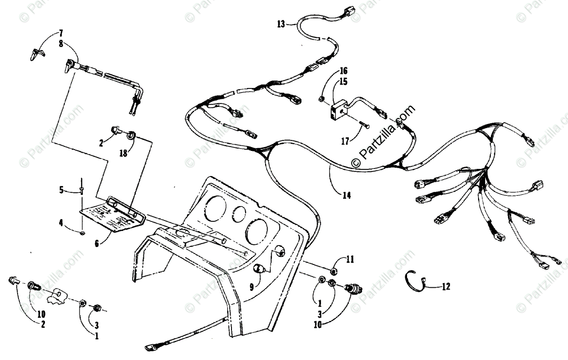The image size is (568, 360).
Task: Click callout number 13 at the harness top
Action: pyautogui.click(x=281, y=23)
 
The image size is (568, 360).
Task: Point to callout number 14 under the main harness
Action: pyautogui.click(x=347, y=194)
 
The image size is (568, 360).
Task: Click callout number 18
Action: pyautogui.click(x=124, y=153)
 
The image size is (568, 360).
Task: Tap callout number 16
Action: pyautogui.click(x=343, y=72)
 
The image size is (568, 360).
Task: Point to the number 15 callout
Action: pyautogui.click(x=343, y=81)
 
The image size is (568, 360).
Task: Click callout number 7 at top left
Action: pyautogui.click(x=61, y=33)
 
